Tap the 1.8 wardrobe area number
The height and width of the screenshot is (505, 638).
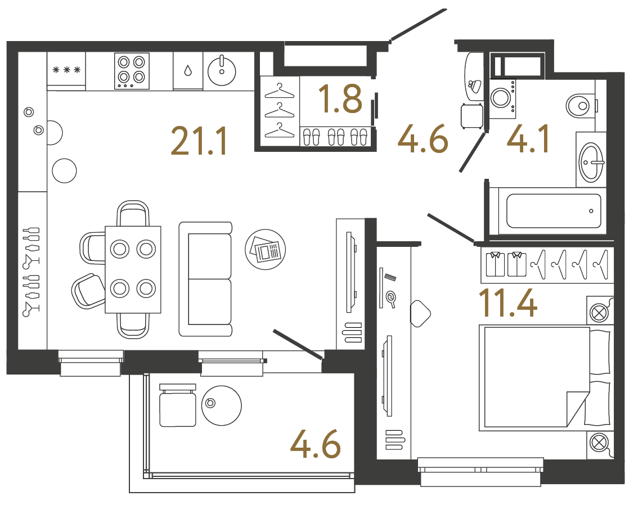pos(340,99)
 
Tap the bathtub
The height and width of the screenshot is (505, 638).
pos(554,211)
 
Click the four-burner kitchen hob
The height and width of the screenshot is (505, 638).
pos(132,71)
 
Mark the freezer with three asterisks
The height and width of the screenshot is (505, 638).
pos(66,70)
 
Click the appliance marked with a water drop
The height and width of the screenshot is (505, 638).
pos(187,71)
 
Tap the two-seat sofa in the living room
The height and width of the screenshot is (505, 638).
pos(205,279)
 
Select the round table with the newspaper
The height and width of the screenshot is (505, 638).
pos(266,249)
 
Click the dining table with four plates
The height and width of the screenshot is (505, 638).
pos(133,269)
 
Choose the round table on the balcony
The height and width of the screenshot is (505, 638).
pos(221,405)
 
